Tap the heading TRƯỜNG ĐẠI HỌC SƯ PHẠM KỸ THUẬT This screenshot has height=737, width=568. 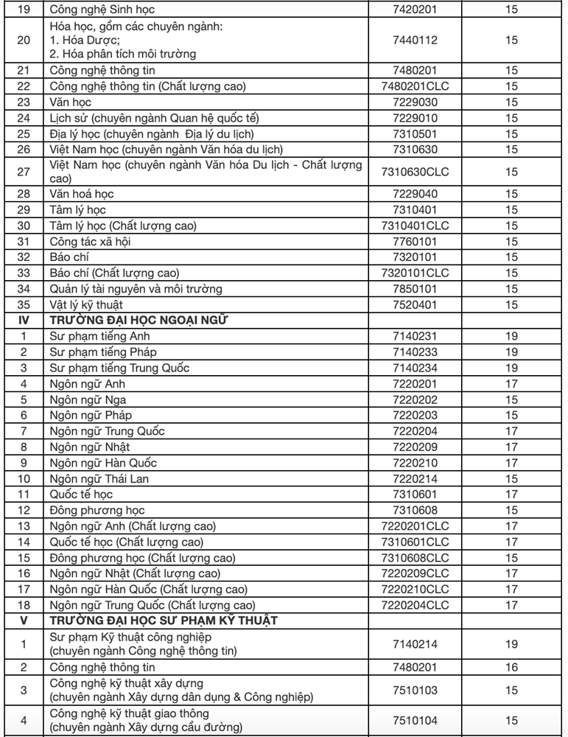click(163, 620)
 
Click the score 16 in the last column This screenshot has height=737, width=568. click(512, 668)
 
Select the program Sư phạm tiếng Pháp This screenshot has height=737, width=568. click(102, 352)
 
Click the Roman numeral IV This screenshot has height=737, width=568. click(23, 320)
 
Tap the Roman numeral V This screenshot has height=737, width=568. click(23, 620)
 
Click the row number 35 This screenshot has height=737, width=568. click(23, 304)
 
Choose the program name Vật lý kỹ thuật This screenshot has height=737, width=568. click(86, 304)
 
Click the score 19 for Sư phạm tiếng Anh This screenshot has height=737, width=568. click(512, 336)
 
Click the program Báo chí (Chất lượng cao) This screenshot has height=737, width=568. click(114, 273)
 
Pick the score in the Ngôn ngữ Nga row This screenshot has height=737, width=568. click(512, 399)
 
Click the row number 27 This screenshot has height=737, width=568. click(23, 172)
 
